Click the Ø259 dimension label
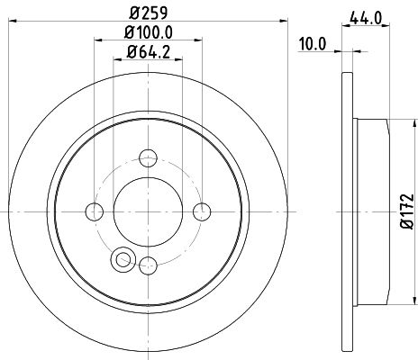pyautogui.click(x=148, y=13)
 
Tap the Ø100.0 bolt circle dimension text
pyautogui.click(x=148, y=34)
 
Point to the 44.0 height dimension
pyautogui.click(x=363, y=15)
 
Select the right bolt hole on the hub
pyautogui.click(x=202, y=212)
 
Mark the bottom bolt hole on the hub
pyautogui.click(x=149, y=265)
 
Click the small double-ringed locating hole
pyautogui.click(x=121, y=260)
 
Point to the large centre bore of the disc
pyautogui.click(x=149, y=212)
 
